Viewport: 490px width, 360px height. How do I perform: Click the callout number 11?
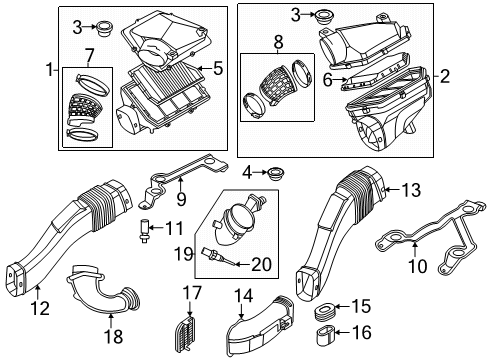click(x=175, y=228)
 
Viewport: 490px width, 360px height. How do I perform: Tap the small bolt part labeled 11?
click(x=144, y=231)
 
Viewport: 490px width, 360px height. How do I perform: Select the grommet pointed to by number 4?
click(x=276, y=174)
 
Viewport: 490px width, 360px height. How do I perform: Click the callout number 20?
click(x=261, y=264)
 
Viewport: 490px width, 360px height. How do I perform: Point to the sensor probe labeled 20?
click(x=217, y=256)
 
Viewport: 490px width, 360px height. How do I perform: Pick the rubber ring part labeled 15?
click(x=325, y=312)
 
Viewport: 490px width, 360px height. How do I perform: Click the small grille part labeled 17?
click(x=184, y=334)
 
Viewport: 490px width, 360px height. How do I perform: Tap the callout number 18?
click(x=114, y=336)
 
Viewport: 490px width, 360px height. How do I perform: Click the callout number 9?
click(x=181, y=199)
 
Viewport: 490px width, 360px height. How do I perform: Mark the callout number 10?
click(x=418, y=266)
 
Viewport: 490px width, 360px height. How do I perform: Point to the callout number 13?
click(x=411, y=190)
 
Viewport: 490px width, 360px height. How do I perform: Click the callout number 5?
click(x=218, y=68)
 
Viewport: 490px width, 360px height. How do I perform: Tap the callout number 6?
click(x=328, y=80)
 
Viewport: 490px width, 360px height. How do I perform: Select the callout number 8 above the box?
click(x=279, y=43)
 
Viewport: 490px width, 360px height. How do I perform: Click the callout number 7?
click(x=89, y=55)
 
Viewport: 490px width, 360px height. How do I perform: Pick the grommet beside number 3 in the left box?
click(x=103, y=29)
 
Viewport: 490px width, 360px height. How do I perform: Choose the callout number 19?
click(x=184, y=255)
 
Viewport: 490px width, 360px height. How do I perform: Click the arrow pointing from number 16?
click(x=343, y=332)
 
